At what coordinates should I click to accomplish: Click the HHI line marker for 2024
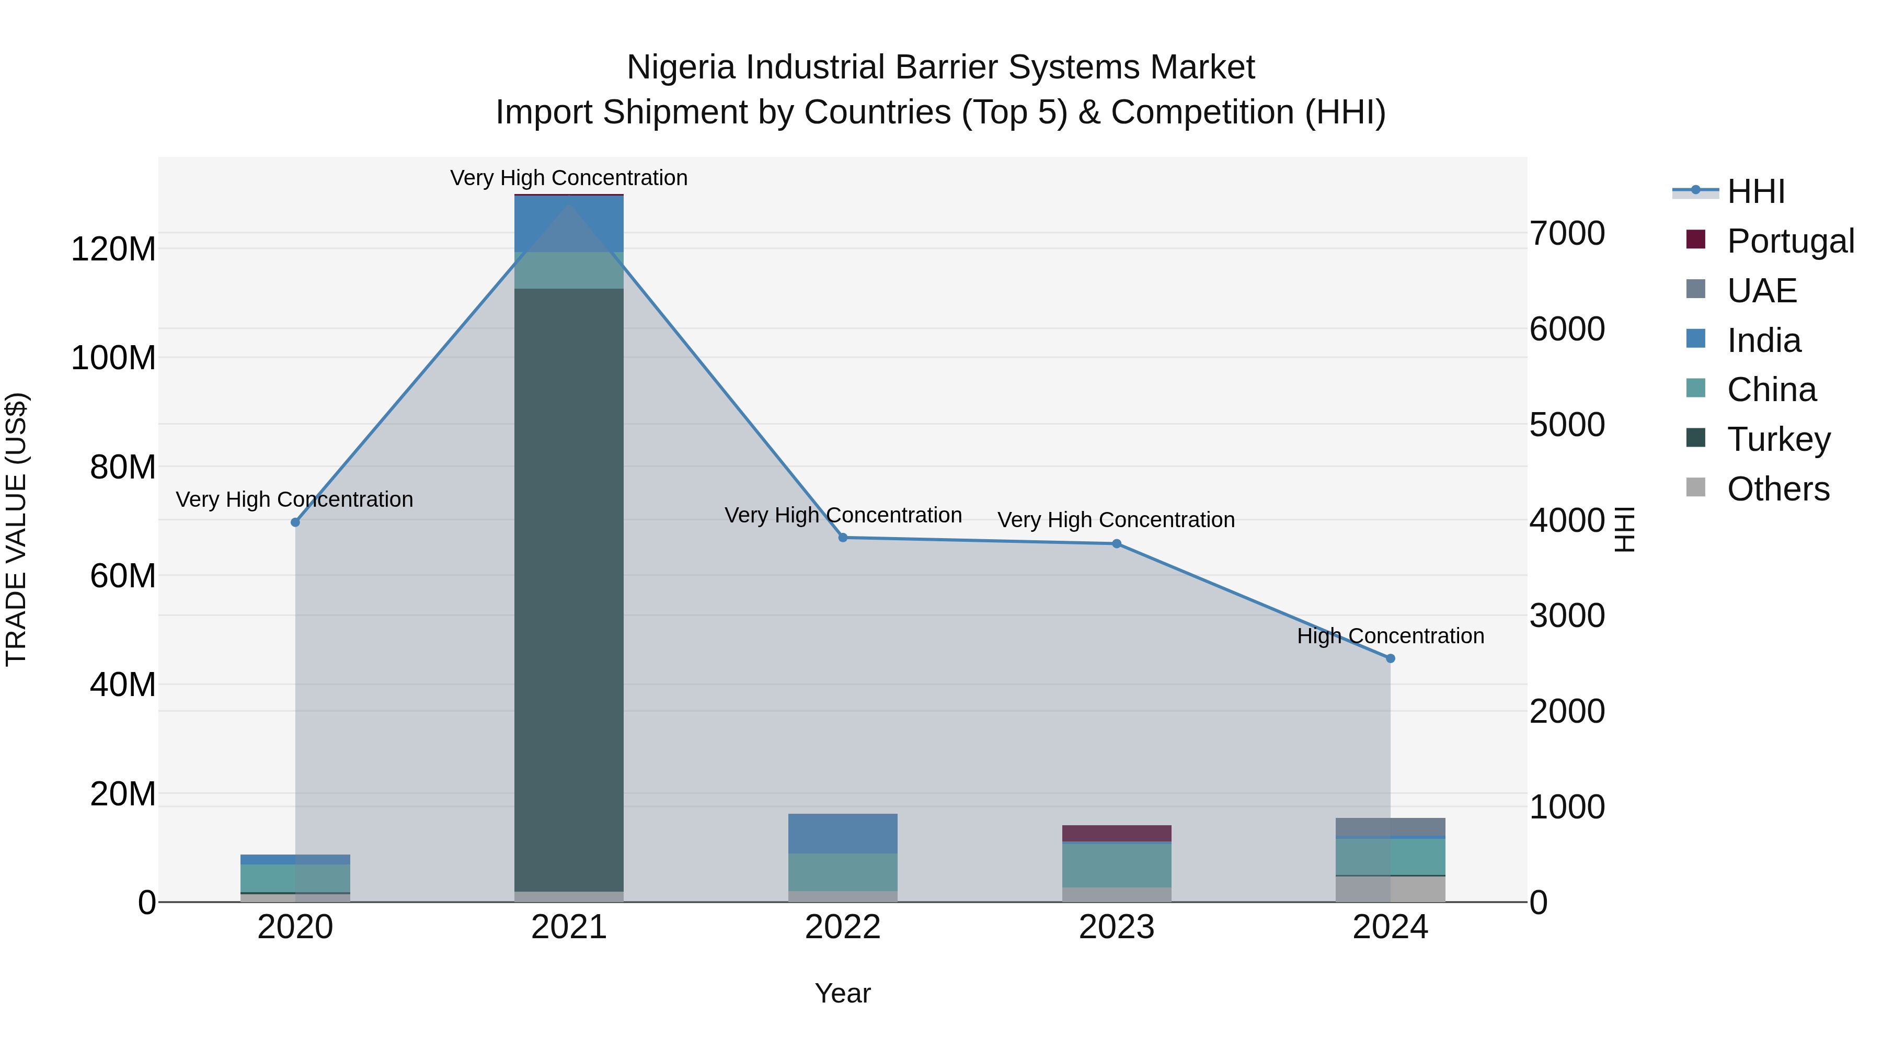[x=1390, y=658]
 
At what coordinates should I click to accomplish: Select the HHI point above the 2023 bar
[x=1116, y=544]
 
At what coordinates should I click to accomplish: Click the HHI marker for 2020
[x=295, y=522]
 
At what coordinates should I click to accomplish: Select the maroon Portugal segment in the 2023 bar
[x=1116, y=833]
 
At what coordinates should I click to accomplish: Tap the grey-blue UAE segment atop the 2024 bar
[x=1390, y=827]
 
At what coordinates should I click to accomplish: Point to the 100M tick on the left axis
[x=113, y=358]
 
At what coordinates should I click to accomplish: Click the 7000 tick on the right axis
[x=1567, y=234]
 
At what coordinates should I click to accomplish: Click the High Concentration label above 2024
[x=1390, y=636]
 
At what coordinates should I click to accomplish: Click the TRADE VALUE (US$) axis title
[x=16, y=529]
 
